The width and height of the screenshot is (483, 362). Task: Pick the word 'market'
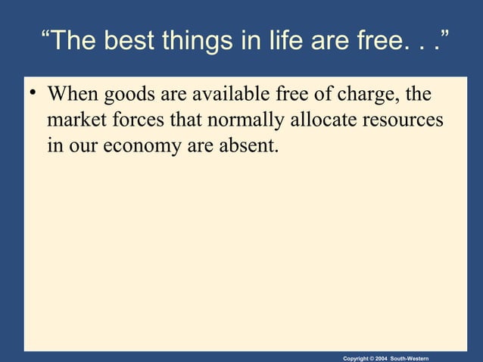click(x=74, y=120)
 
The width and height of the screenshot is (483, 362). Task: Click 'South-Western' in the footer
click(x=415, y=355)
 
